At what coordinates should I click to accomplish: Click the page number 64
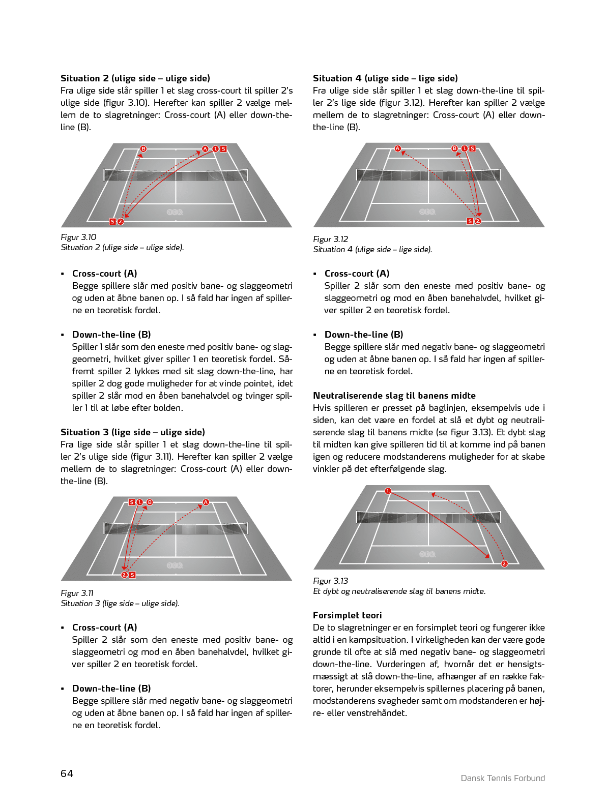(67, 773)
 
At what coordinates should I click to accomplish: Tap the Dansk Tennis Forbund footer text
(503, 778)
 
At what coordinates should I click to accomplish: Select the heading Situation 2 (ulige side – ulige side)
(135, 78)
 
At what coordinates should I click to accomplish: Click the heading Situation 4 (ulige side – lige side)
(385, 78)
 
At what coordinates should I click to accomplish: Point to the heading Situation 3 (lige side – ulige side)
(132, 432)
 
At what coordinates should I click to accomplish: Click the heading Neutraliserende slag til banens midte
(394, 396)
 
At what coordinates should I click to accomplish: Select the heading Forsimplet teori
(347, 615)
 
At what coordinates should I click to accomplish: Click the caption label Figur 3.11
(77, 593)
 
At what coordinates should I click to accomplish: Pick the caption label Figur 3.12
(331, 239)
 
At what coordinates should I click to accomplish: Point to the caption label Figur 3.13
(331, 581)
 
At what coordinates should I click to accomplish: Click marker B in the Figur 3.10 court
(143, 149)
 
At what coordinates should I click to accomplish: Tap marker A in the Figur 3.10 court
(205, 149)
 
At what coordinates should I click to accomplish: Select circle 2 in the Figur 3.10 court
(121, 222)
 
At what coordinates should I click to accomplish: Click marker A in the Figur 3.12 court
(398, 148)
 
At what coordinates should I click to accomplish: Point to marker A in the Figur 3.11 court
(206, 502)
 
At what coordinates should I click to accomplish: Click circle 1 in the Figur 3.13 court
(388, 491)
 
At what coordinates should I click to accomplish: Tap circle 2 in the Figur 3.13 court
(504, 563)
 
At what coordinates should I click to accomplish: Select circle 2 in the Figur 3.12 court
(478, 221)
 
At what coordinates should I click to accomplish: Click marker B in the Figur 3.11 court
(150, 502)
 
